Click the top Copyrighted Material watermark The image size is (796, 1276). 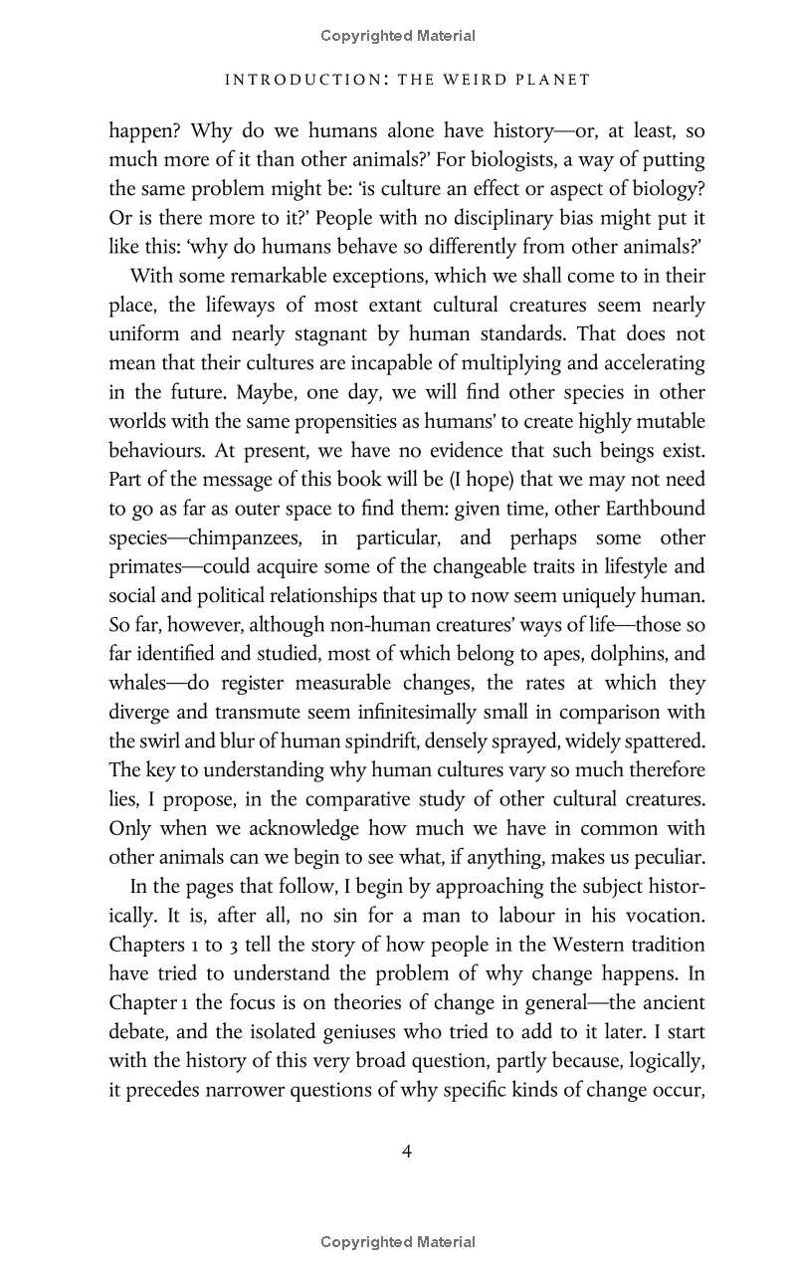398,36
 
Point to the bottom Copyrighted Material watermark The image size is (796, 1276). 398,1241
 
